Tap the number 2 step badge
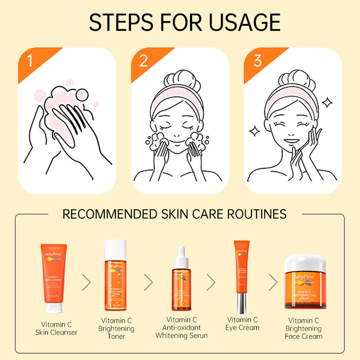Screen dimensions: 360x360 pos(143,60)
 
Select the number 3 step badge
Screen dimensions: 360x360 pos(257,60)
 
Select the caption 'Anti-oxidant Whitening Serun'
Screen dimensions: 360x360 pos(182,331)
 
